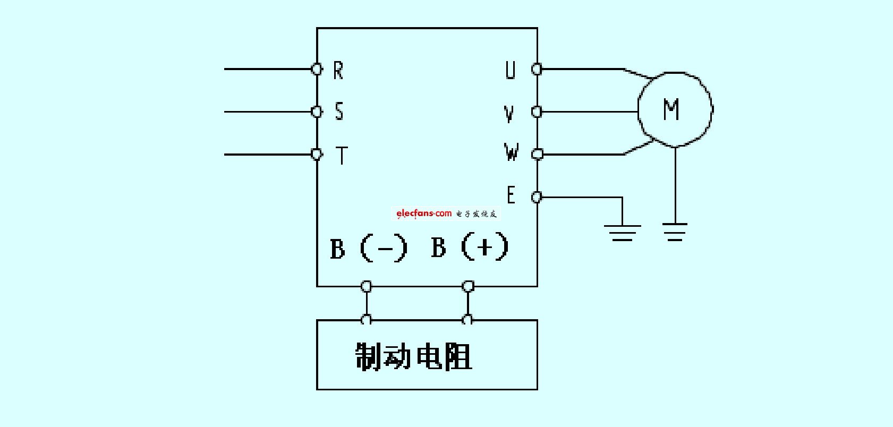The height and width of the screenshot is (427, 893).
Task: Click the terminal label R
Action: [x=338, y=71]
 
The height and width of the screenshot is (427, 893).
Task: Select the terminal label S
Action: [x=339, y=111]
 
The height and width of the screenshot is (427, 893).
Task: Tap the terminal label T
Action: [x=342, y=155]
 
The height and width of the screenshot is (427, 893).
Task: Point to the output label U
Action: [x=511, y=70]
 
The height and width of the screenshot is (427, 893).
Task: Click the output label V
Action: [x=509, y=113]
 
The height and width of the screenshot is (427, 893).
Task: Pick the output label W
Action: [x=512, y=152]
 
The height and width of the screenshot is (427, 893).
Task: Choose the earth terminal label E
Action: [x=511, y=195]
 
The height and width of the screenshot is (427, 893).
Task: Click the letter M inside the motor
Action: [x=671, y=109]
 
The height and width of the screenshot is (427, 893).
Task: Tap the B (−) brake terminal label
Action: [x=369, y=248]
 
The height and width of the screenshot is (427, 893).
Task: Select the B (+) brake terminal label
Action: [x=470, y=247]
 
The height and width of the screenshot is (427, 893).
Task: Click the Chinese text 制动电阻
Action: [x=414, y=356]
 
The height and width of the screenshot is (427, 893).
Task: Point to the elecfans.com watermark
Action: [x=446, y=213]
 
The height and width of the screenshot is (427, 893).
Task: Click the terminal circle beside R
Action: [x=317, y=69]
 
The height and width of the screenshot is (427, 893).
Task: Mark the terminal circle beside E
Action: [x=537, y=197]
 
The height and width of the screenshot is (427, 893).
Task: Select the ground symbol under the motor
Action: [x=675, y=232]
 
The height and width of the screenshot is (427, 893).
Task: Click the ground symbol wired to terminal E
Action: [x=622, y=233]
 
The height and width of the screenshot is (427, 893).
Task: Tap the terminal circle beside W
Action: [x=538, y=154]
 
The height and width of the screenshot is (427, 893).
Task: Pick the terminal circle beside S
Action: [x=317, y=112]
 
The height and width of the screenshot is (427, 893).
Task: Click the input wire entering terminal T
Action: [x=268, y=155]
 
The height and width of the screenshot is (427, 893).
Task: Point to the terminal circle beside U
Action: [x=537, y=69]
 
